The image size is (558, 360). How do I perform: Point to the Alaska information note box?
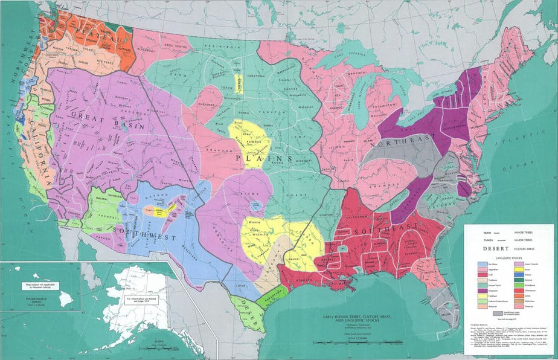[143, 300]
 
